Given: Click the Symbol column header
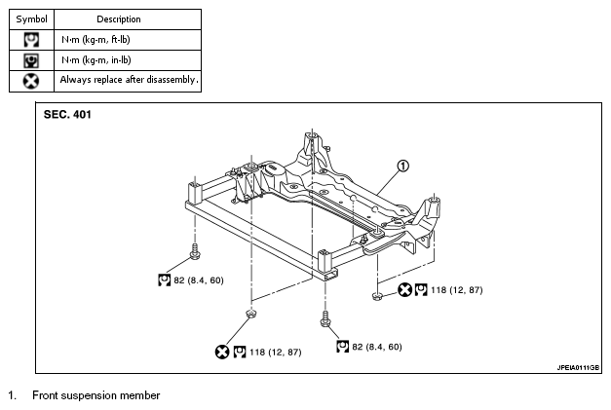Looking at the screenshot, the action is tap(31, 19).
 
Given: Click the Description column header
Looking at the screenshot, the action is tap(119, 19).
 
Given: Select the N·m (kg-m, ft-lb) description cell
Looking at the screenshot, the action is tap(95, 40).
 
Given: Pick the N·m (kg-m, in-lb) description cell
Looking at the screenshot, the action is tap(96, 60).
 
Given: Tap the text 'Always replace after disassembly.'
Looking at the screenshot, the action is tap(129, 80).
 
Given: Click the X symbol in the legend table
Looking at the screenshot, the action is tap(31, 82).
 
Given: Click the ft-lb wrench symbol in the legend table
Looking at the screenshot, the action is tap(31, 40).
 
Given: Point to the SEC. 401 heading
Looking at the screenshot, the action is tap(67, 115).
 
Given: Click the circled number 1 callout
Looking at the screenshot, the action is tap(403, 166).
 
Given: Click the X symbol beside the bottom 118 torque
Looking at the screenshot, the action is tap(222, 352).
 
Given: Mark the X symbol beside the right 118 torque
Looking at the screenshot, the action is tap(404, 290).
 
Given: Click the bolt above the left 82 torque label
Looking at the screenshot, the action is tap(195, 251).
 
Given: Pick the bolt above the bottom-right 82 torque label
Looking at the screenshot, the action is tap(325, 318).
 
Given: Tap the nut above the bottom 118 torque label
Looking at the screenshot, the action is tap(250, 313).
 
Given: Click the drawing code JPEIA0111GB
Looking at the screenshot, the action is tap(578, 367).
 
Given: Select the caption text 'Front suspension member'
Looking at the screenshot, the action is tap(95, 395).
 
